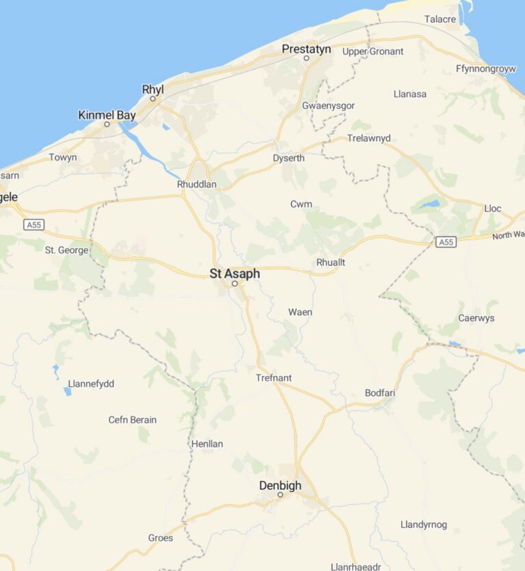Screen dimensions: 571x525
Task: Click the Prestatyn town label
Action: coord(306,49)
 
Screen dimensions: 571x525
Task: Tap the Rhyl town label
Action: coord(152,90)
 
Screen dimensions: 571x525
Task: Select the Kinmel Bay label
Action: coord(107,116)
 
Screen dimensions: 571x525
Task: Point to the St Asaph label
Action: coord(234,274)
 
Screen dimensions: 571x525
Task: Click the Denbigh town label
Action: coord(280,486)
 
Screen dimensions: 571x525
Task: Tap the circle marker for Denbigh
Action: coord(280,494)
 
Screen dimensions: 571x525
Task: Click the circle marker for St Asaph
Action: coord(234,283)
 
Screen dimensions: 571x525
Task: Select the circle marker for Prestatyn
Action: coord(306,58)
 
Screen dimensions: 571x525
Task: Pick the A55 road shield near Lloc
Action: coord(446,242)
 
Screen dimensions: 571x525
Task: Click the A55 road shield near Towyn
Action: coord(32,224)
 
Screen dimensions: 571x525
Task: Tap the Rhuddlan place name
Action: coord(196,185)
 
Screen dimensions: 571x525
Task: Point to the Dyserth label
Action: coord(288,158)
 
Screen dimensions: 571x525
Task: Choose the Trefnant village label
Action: coord(273,377)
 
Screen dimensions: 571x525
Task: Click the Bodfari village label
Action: coord(380,393)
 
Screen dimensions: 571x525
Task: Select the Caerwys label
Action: coord(476,318)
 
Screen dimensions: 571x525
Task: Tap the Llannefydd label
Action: coord(91,384)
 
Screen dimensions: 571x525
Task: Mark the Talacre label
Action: coord(440,19)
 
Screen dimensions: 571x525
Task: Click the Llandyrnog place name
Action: coord(423,524)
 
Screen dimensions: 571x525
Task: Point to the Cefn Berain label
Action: coord(133,420)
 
